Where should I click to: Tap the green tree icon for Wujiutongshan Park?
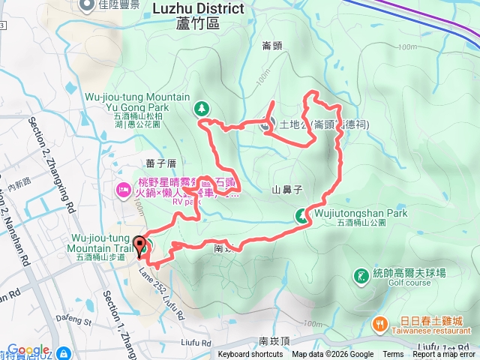(x=301, y=216)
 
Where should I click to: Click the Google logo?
(x=28, y=350)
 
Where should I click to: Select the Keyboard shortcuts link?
(x=250, y=355)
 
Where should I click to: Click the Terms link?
(x=393, y=355)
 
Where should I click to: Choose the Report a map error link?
(x=445, y=355)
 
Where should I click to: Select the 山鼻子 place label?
(x=287, y=191)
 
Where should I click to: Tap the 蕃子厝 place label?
(x=161, y=163)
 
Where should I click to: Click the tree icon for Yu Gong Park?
(x=202, y=109)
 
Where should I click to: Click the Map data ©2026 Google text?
(x=332, y=355)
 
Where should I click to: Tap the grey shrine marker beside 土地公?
(x=267, y=125)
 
